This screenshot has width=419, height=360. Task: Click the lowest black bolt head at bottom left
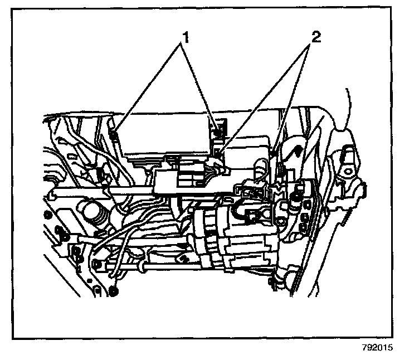114,290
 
